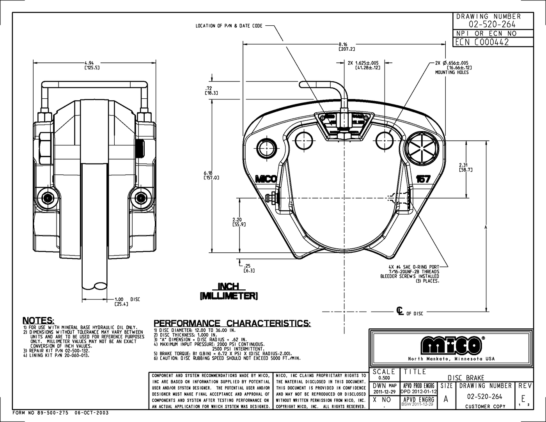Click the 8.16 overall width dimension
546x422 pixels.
(x=343, y=44)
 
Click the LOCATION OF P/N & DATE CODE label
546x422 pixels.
(x=229, y=26)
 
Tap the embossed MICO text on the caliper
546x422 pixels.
(x=266, y=179)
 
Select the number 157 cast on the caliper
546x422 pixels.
(x=423, y=179)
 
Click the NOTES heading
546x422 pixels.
(x=38, y=321)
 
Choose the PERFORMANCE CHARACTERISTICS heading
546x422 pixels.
(x=232, y=323)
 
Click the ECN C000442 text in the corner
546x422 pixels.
(x=482, y=43)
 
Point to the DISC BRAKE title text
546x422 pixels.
(x=466, y=378)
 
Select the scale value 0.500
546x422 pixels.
(x=383, y=378)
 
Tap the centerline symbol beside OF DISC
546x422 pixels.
(x=400, y=311)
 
